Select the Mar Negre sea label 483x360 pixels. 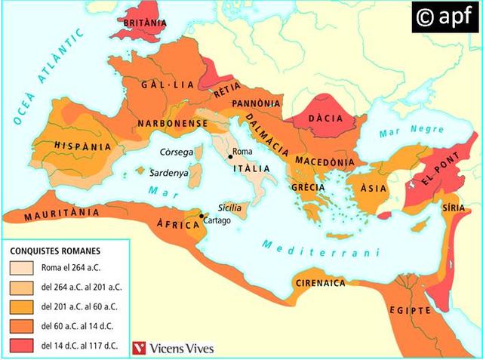[x=401, y=131]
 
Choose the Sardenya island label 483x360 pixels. [x=171, y=172]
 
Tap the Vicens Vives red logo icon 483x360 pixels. [x=137, y=348]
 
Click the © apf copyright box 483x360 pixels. [x=446, y=17]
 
